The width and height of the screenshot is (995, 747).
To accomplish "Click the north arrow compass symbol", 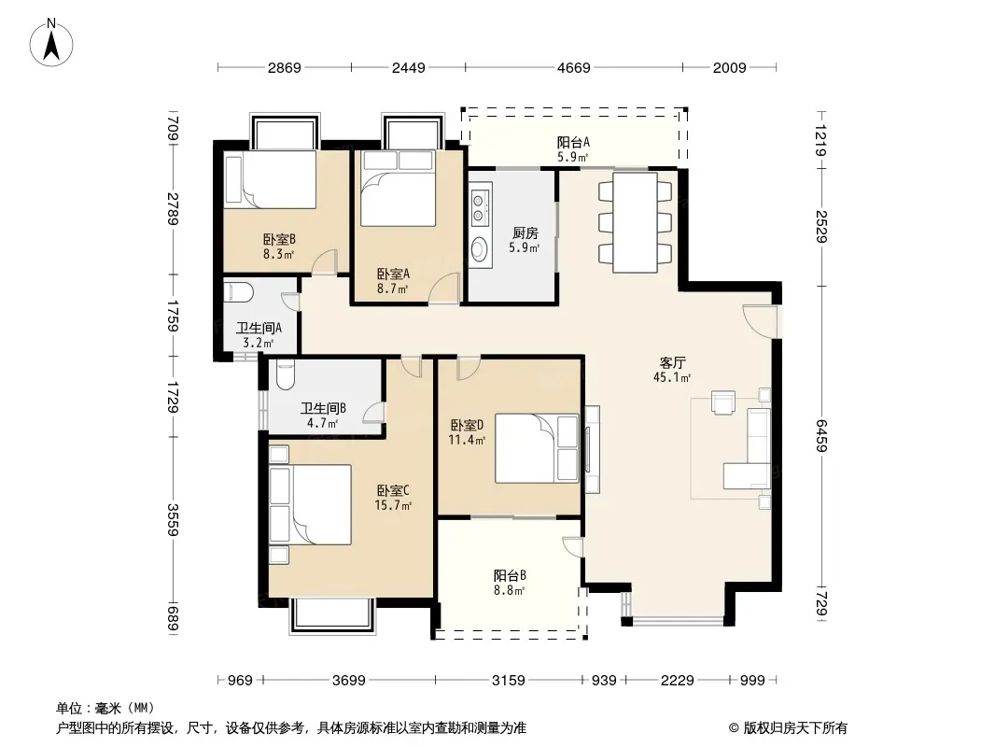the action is pyautogui.click(x=51, y=43).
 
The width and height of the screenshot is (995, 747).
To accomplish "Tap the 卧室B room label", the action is pyautogui.click(x=279, y=239).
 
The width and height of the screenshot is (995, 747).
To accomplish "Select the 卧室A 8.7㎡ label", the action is pyautogui.click(x=393, y=280).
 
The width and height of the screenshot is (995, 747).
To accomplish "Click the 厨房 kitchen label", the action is pyautogui.click(x=525, y=233).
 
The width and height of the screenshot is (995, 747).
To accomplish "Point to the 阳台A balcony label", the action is pyautogui.click(x=573, y=142).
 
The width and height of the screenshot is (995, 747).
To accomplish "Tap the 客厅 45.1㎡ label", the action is pyautogui.click(x=672, y=370).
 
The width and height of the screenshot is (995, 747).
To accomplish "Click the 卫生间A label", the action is pyautogui.click(x=259, y=328).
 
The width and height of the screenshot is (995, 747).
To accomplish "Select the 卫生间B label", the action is pyautogui.click(x=323, y=408).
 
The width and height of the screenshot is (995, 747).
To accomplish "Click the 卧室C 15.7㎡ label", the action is pyautogui.click(x=393, y=497).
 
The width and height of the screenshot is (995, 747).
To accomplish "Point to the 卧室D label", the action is pyautogui.click(x=467, y=425).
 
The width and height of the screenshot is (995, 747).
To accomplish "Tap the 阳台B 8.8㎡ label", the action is pyautogui.click(x=510, y=582).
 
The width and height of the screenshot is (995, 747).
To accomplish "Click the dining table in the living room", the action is pyautogui.click(x=635, y=222).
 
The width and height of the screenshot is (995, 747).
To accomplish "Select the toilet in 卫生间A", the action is pyautogui.click(x=239, y=292).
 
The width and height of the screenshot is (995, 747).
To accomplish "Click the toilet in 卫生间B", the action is pyautogui.click(x=285, y=375).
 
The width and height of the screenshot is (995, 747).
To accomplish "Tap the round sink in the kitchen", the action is pyautogui.click(x=479, y=248).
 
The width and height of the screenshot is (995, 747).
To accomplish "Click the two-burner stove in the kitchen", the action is pyautogui.click(x=480, y=207).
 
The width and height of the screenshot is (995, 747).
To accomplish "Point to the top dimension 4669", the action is pyautogui.click(x=574, y=67).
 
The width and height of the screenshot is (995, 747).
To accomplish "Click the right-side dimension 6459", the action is pyautogui.click(x=821, y=435).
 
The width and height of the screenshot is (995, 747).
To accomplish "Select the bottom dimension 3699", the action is pyautogui.click(x=349, y=681).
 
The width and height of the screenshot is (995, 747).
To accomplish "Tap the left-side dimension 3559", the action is pyautogui.click(x=173, y=519).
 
